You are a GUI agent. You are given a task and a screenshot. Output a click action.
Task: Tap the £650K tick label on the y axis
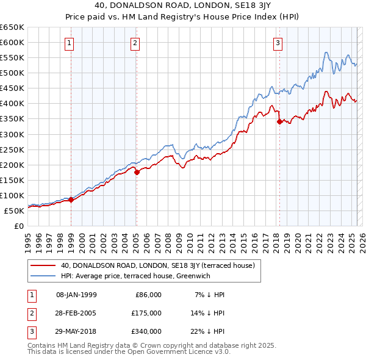(x=13, y=27)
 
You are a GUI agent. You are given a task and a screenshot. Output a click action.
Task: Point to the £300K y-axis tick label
(x=13, y=134)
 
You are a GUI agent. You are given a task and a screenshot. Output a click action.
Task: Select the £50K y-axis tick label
(x=15, y=211)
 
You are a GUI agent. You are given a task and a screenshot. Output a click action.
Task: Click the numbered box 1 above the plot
(x=70, y=43)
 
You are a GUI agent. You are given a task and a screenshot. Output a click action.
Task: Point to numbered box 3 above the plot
(x=278, y=43)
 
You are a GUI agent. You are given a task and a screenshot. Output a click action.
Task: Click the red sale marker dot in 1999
(x=71, y=200)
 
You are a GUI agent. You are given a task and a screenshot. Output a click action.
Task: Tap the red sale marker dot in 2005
(x=137, y=172)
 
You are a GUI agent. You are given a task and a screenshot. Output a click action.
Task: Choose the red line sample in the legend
(x=43, y=265)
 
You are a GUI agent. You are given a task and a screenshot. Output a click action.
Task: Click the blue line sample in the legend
(x=43, y=275)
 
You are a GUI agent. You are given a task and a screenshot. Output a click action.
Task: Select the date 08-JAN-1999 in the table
(x=76, y=295)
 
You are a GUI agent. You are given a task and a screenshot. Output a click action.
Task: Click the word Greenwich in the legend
(x=211, y=275)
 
